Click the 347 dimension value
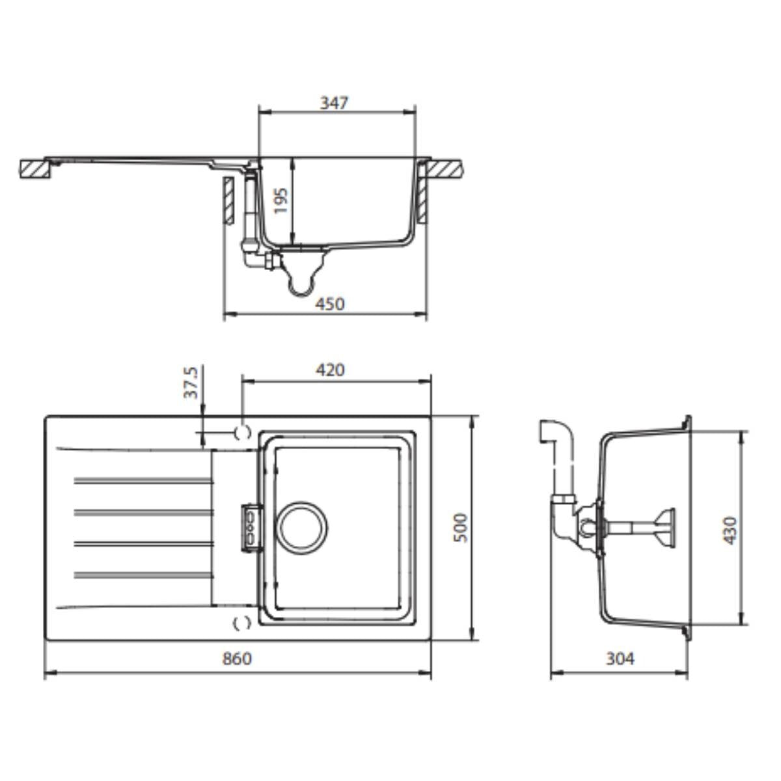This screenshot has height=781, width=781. tap(334, 103)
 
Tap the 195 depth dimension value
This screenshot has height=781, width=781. tap(281, 200)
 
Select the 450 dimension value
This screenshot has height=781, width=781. tap(330, 304)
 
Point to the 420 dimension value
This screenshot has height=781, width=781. tap(330, 370)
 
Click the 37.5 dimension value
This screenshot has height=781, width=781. tap(191, 383)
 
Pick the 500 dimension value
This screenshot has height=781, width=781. tap(461, 528)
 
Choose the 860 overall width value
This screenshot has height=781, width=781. tap(237, 659)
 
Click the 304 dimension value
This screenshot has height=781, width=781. tap(620, 659)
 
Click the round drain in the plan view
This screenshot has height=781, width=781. tap(303, 528)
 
